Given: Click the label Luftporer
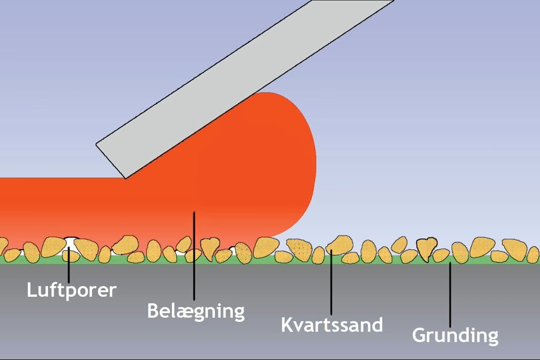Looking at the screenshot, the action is coord(72,290).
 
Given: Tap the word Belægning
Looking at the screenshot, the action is coord(196,312).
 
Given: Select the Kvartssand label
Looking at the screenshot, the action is coord(332,325).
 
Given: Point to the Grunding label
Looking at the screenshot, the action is coord(455,335).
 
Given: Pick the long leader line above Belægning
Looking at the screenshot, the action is coord(194,256).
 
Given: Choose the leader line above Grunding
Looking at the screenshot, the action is coord(450,295).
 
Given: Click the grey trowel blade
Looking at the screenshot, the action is coord(245,89).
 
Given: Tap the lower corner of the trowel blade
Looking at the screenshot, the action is coord(126,179).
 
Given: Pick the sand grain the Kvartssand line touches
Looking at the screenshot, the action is coord(340,245).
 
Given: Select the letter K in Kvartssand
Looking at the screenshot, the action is coord(287,325).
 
